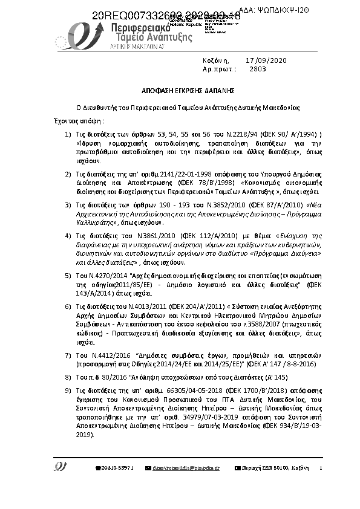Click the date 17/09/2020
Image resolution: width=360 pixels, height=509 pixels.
pyautogui.click(x=267, y=60)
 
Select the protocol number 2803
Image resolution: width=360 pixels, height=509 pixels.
pyautogui.click(x=258, y=69)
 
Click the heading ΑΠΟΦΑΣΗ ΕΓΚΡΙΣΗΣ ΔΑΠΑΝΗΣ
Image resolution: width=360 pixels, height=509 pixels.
pyautogui.click(x=180, y=89)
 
